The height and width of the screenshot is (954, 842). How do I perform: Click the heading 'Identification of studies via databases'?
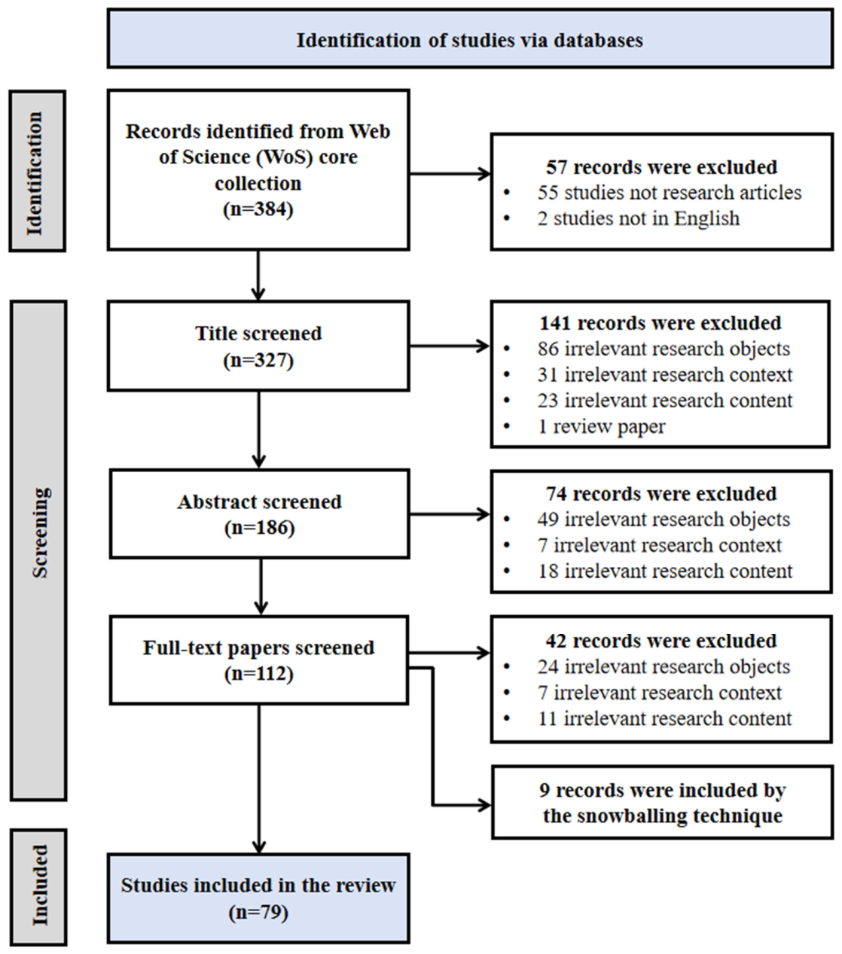469,40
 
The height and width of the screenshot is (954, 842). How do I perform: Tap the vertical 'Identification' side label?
35,173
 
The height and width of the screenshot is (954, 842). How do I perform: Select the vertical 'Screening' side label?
40,532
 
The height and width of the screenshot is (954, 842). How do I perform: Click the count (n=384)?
258,209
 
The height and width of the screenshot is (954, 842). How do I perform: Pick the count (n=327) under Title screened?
258,360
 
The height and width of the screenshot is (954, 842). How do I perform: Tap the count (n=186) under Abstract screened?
260,527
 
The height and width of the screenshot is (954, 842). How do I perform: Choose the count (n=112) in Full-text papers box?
259,673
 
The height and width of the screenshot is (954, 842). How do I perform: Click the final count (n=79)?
258,912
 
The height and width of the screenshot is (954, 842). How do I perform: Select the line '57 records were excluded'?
662,167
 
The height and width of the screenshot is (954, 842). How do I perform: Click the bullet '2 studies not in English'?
639,218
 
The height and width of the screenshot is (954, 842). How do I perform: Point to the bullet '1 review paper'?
601,427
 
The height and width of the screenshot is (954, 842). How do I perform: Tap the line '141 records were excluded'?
660,323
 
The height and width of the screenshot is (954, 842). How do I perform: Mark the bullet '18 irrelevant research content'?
665,571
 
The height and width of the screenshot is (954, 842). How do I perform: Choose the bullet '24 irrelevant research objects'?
664,667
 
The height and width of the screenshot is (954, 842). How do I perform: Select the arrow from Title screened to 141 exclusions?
450,346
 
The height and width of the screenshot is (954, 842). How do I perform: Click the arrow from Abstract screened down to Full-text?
261,586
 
